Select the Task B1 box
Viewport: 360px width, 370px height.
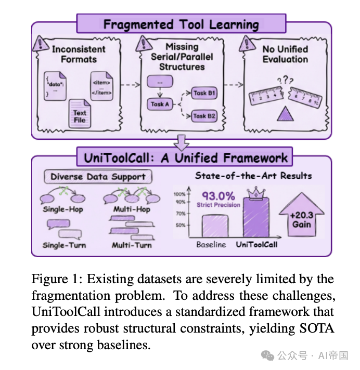point(204,94)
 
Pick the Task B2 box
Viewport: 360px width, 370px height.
point(204,116)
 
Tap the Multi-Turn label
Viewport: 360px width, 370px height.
point(132,245)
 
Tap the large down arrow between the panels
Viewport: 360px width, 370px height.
point(181,142)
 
